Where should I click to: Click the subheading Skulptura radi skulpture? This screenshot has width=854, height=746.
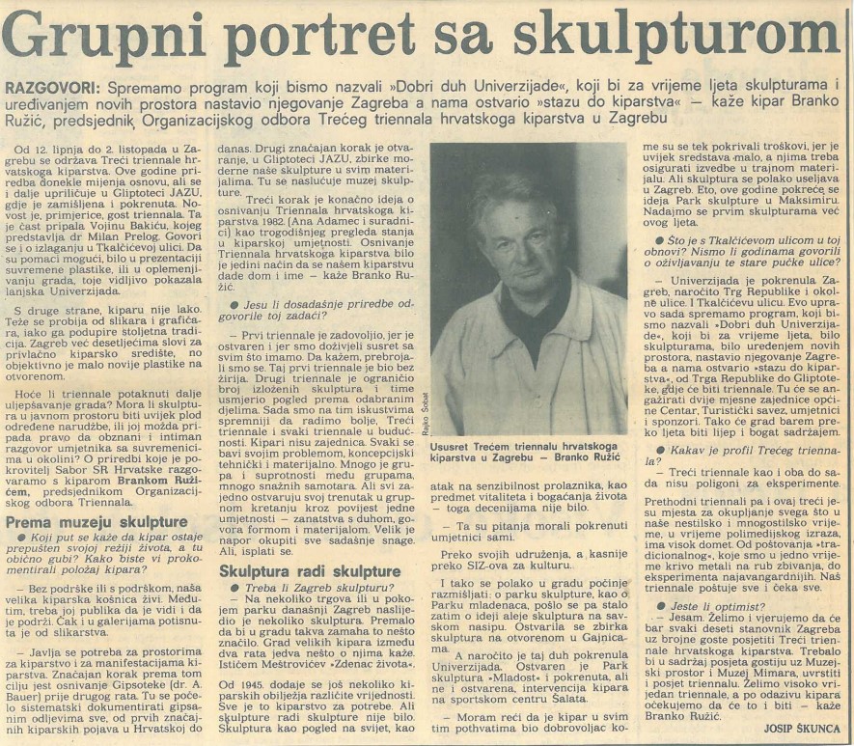point(300,569)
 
